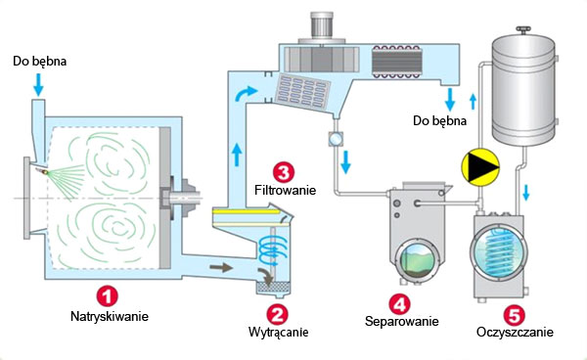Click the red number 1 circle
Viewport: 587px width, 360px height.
tap(108, 296)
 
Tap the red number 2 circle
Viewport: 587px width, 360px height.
tap(277, 314)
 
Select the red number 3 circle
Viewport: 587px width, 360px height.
tap(284, 172)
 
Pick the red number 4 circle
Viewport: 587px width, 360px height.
tap(400, 304)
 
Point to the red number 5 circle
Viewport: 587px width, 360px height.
tap(515, 314)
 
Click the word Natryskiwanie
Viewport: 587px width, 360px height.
tap(110, 317)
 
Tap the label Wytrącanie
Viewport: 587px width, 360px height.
tap(278, 332)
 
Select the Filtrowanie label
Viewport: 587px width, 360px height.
tap(286, 190)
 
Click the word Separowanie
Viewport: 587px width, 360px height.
tap(402, 322)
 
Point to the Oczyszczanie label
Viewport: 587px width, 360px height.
tap(515, 333)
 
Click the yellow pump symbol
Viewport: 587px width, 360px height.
tap(480, 167)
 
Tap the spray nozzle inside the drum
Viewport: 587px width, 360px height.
tap(42, 171)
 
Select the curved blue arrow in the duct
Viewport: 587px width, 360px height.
tap(246, 93)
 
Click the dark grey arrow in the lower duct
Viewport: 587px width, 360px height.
tap(221, 268)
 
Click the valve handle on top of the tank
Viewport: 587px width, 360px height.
tap(523, 29)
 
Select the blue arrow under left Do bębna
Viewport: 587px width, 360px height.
tap(38, 84)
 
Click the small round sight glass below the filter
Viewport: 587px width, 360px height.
tap(335, 139)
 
